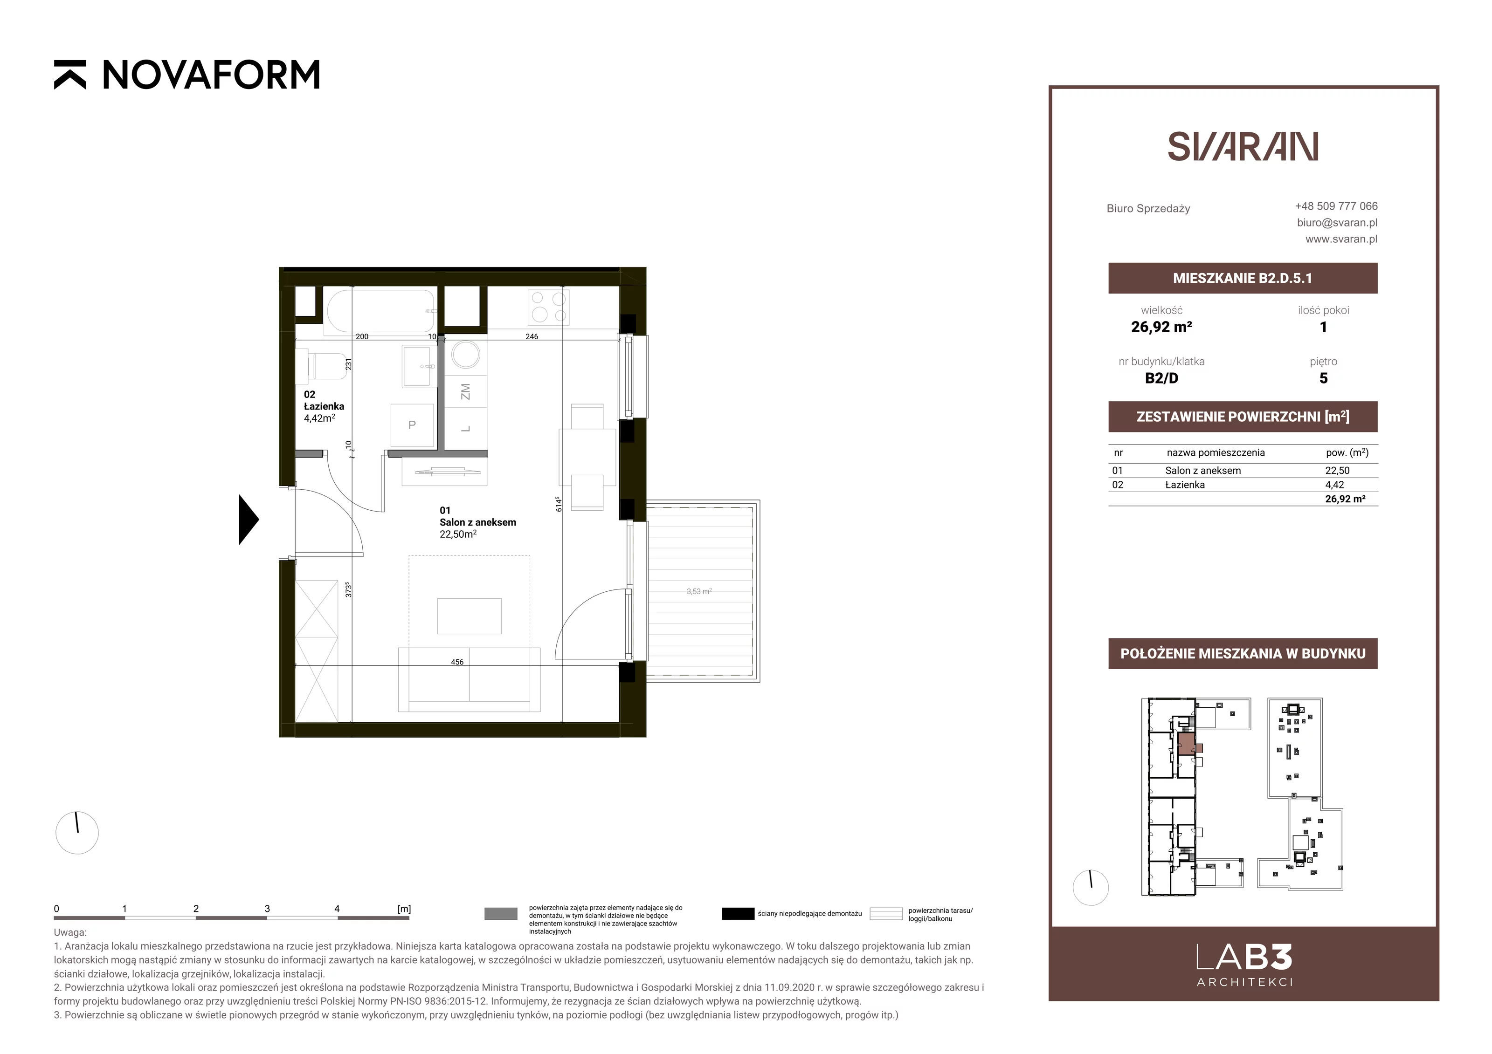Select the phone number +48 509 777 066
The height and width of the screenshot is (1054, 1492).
(1336, 206)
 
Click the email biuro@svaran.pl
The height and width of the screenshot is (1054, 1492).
(1337, 222)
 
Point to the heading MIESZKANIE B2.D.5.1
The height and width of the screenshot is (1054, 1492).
(1243, 278)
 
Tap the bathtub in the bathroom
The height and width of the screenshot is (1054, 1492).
(380, 312)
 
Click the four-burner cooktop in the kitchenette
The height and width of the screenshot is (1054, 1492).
(548, 307)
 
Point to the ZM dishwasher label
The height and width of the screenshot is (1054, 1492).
(465, 391)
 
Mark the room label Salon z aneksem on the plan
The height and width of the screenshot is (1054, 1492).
(477, 522)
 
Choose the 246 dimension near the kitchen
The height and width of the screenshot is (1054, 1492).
(532, 336)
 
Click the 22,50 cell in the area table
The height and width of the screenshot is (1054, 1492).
(1337, 471)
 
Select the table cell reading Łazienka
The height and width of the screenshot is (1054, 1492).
(1185, 485)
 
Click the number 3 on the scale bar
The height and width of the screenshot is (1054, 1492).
(267, 909)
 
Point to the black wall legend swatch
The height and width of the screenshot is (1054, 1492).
(738, 914)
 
